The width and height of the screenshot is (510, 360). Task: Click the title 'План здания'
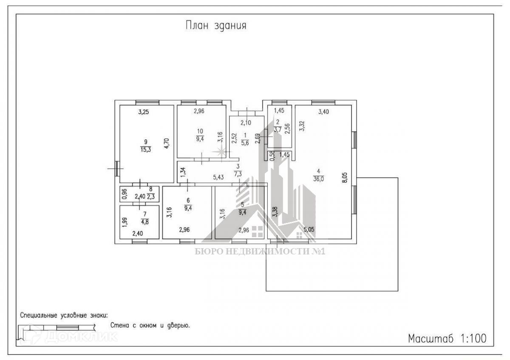point(216,26)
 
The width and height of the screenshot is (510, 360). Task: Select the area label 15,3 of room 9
point(145,149)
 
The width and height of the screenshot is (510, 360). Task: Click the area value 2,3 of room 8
point(151,197)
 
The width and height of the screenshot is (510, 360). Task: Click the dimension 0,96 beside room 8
point(124,194)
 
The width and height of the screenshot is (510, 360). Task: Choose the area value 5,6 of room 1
point(245,143)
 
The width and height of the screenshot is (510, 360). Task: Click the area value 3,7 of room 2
point(278,130)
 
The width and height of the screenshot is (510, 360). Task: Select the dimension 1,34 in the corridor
point(183,172)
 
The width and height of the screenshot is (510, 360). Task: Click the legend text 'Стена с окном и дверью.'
point(150,326)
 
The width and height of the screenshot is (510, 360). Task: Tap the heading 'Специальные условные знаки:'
point(64,316)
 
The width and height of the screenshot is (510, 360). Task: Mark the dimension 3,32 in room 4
point(301,127)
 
